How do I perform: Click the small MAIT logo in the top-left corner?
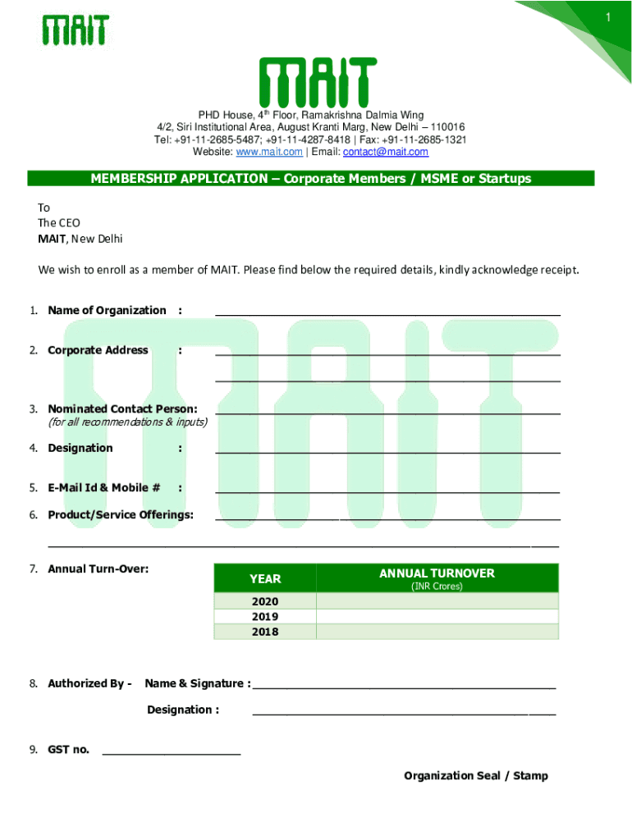point(76,30)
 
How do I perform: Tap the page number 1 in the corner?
point(608,17)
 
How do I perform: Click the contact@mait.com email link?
point(385,152)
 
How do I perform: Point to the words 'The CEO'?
point(59,223)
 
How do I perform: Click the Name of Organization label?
point(107,310)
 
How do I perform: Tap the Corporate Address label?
point(98,350)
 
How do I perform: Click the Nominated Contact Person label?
point(122,409)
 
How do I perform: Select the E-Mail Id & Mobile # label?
point(103,488)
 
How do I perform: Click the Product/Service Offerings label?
point(121,514)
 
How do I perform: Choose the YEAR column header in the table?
point(265,579)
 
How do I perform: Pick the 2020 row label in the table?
point(265,601)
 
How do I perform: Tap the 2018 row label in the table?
point(265,632)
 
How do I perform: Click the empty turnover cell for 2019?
point(437,617)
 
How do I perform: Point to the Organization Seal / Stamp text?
point(475,776)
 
